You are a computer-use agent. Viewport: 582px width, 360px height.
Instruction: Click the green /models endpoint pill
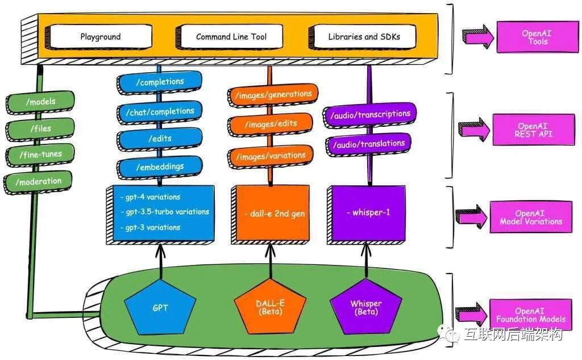pos(40,102)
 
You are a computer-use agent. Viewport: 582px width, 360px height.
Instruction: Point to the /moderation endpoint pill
pos(38,182)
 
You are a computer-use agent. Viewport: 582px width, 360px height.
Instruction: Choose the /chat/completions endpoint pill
pos(160,112)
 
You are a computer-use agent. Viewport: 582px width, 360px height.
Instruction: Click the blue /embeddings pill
pos(160,167)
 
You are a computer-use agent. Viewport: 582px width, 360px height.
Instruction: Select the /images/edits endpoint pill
pos(270,124)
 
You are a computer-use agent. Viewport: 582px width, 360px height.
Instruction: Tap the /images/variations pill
pos(270,156)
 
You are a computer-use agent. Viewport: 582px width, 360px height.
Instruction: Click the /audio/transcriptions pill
pos(369,115)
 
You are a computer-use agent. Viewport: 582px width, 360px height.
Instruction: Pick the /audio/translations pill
pos(368,144)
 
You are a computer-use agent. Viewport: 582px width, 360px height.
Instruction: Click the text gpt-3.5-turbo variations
pos(168,212)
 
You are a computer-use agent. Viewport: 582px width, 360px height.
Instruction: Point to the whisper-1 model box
pos(366,214)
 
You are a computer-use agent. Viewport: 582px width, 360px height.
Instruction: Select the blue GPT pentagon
pos(160,307)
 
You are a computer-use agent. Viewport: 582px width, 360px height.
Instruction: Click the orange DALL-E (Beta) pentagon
pos(270,307)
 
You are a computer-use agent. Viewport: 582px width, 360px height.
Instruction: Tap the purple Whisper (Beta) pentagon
pos(366,307)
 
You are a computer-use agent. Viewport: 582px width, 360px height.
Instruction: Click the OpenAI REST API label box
pos(533,130)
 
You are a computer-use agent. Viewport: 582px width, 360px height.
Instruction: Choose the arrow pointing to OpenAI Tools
pos(478,36)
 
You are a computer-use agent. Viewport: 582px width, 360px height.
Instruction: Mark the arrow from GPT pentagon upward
pos(160,262)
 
